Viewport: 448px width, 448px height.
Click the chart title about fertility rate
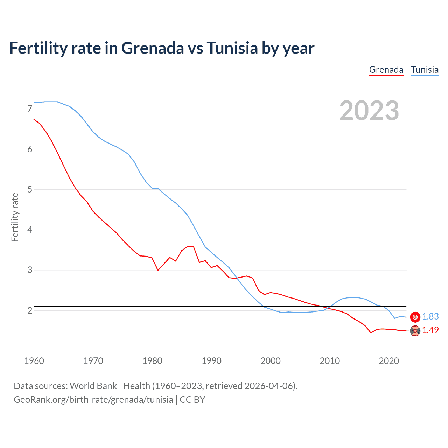tap(162, 48)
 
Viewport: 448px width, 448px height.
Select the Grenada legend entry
tap(386, 70)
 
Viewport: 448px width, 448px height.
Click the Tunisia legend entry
tap(425, 70)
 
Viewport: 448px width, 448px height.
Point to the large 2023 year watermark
tap(369, 111)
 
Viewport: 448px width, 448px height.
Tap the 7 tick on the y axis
tap(30, 109)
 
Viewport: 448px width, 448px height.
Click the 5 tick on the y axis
tap(30, 190)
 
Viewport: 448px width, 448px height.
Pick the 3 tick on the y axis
tap(30, 270)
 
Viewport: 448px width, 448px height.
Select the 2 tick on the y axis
tap(30, 310)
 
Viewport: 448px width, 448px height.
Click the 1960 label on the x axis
tap(34, 361)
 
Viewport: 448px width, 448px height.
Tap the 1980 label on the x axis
tap(152, 361)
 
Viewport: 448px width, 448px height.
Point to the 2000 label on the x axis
tap(271, 361)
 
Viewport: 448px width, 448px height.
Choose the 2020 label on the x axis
tap(389, 361)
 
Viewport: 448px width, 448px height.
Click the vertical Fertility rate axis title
tap(15, 217)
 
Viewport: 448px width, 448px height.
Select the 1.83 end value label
tap(430, 316)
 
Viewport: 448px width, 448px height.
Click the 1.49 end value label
tap(430, 330)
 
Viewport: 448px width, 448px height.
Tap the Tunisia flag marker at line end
tap(415, 317)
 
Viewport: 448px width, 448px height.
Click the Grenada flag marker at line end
tap(415, 331)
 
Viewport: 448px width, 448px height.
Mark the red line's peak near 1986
tap(190, 246)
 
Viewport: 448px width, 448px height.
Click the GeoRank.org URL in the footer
tap(93, 400)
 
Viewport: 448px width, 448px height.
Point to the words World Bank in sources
tap(93, 386)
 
